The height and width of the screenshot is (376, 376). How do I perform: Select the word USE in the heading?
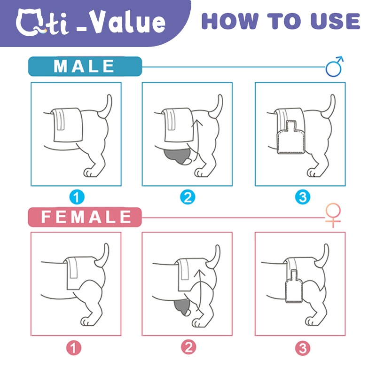(x=335, y=21)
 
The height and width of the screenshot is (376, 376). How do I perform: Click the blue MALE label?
(x=85, y=66)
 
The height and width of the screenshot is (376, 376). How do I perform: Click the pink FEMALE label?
(x=85, y=217)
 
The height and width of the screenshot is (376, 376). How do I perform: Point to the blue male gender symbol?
(x=334, y=67)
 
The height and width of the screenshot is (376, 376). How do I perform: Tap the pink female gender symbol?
(x=333, y=215)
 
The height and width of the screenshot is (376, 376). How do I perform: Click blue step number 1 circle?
(x=77, y=197)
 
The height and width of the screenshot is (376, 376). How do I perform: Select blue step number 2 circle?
(x=188, y=197)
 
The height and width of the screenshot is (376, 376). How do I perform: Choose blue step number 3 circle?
(x=303, y=197)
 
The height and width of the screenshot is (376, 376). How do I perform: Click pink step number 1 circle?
(x=74, y=348)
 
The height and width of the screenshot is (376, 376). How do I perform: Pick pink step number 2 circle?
(x=188, y=347)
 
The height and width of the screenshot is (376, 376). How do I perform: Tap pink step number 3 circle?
(x=303, y=348)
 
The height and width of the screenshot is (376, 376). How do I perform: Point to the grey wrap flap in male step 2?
(x=177, y=156)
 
